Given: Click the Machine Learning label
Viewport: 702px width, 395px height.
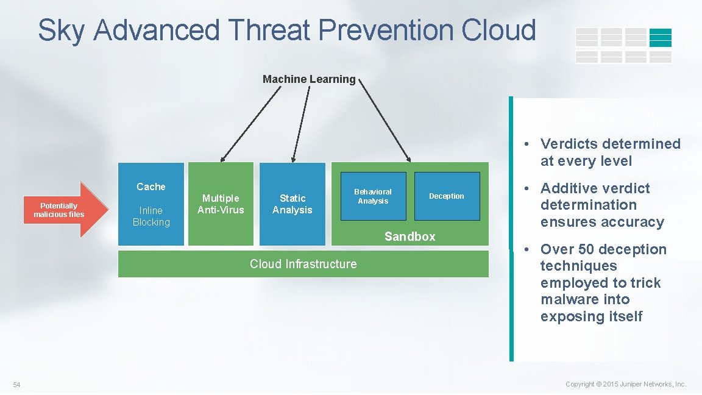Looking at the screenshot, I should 309,79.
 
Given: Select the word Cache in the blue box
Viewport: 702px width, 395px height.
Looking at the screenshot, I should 151,187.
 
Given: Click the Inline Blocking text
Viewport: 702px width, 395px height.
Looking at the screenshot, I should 151,216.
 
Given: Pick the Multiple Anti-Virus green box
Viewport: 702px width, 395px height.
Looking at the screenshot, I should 221,204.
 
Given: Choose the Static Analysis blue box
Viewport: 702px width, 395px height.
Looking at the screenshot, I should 292,204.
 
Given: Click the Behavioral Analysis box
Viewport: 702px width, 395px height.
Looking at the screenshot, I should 373,196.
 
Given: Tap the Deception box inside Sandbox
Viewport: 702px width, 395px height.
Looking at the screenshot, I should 447,196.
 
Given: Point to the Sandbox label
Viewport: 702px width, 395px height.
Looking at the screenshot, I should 409,237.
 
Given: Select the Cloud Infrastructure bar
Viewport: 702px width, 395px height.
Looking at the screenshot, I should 303,264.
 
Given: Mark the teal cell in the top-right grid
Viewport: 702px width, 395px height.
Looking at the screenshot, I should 660,38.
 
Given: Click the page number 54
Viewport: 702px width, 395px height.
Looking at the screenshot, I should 16,384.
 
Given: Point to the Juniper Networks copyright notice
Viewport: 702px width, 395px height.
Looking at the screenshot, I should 626,384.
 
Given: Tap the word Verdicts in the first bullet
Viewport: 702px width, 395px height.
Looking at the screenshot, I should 571,144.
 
